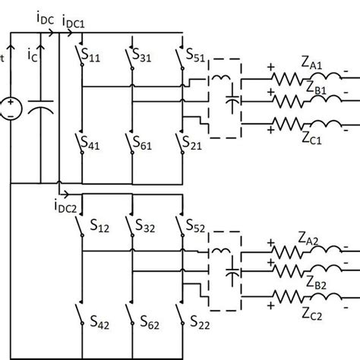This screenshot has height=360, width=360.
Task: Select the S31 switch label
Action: click(143, 56)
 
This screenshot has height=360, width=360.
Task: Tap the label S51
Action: click(194, 56)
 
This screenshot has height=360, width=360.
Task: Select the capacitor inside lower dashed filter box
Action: click(232, 271)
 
